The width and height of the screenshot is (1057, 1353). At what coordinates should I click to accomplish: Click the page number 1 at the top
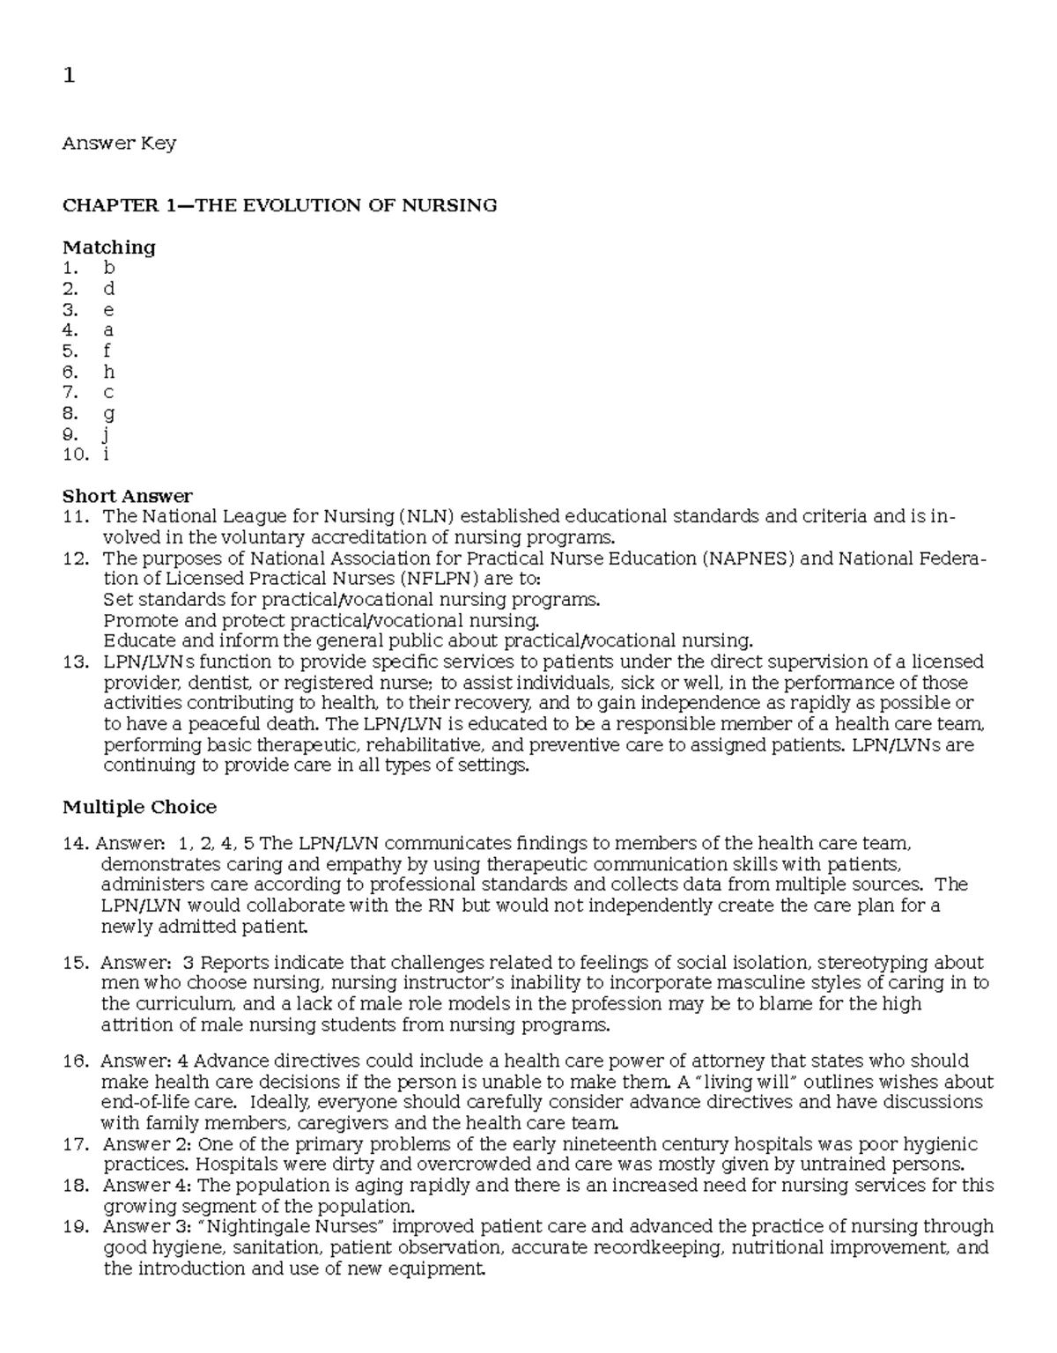tap(69, 77)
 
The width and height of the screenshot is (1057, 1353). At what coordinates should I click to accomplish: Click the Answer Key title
tap(119, 143)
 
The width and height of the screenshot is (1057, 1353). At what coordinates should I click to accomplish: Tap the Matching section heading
tap(108, 247)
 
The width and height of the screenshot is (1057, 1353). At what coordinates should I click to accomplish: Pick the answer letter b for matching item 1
tap(109, 268)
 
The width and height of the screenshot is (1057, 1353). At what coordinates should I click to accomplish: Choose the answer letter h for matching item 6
tap(109, 372)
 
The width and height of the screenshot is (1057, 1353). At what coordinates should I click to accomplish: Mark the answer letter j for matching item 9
tap(107, 434)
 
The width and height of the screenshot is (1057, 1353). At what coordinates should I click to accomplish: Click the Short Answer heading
tap(127, 496)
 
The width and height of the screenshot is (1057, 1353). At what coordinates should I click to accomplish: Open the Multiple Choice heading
tap(139, 807)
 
